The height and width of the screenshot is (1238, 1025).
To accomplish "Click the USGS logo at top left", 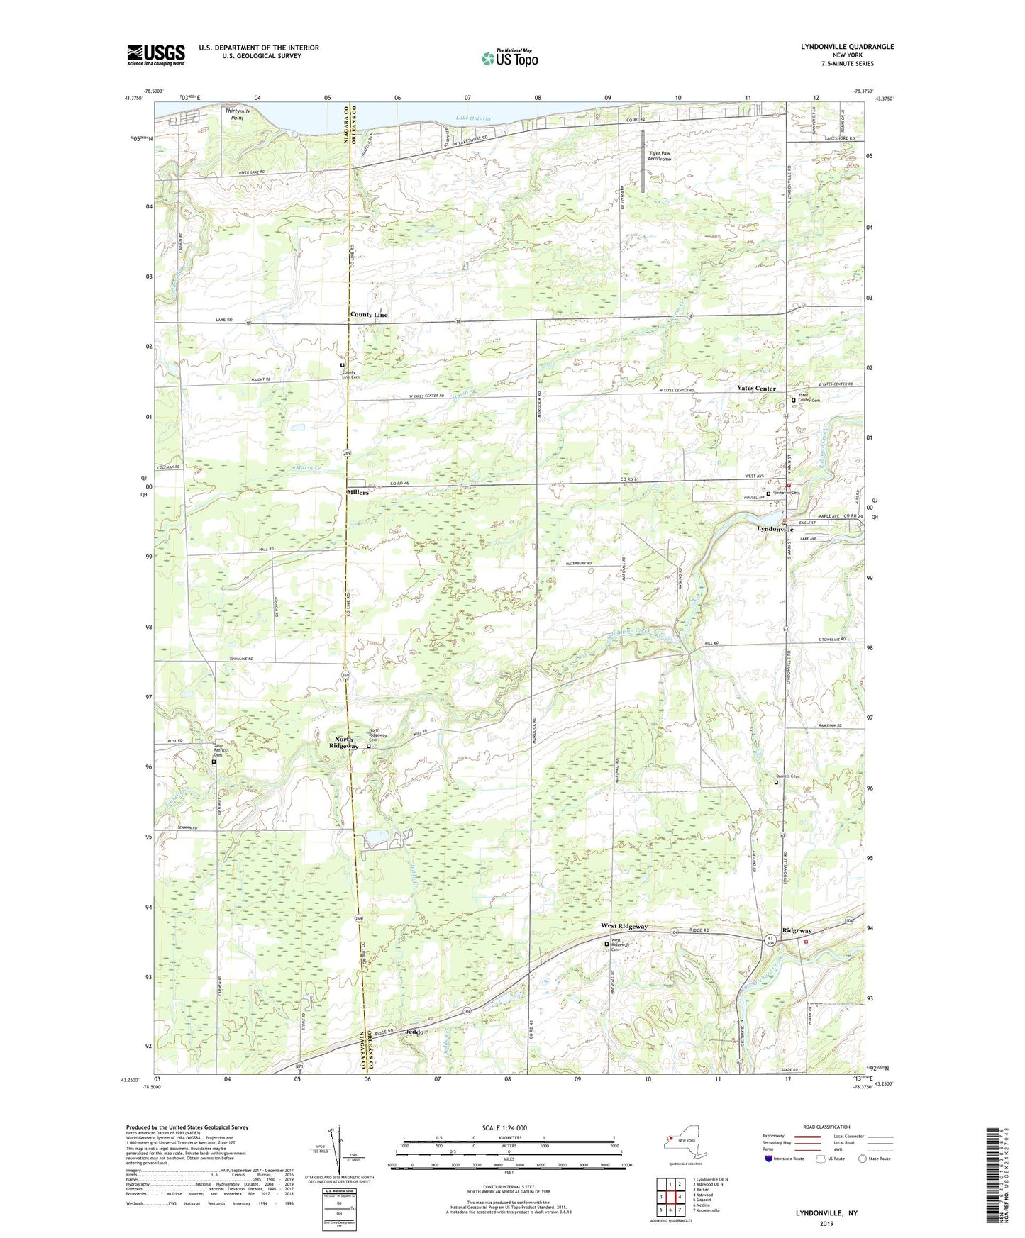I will tap(156, 55).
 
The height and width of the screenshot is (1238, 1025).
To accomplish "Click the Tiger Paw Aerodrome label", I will tap(659, 155).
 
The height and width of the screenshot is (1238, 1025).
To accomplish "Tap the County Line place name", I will tap(368, 314).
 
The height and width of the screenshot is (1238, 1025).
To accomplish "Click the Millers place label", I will tap(357, 492).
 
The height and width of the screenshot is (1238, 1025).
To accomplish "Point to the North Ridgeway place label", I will tap(344, 742).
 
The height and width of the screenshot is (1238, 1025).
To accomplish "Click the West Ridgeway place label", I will tap(624, 926).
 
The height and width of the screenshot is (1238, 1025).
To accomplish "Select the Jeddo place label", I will tap(414, 1032).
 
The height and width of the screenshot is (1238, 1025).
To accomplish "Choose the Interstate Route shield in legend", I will tap(770, 1159).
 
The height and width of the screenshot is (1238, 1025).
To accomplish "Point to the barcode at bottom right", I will tap(994, 1176).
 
